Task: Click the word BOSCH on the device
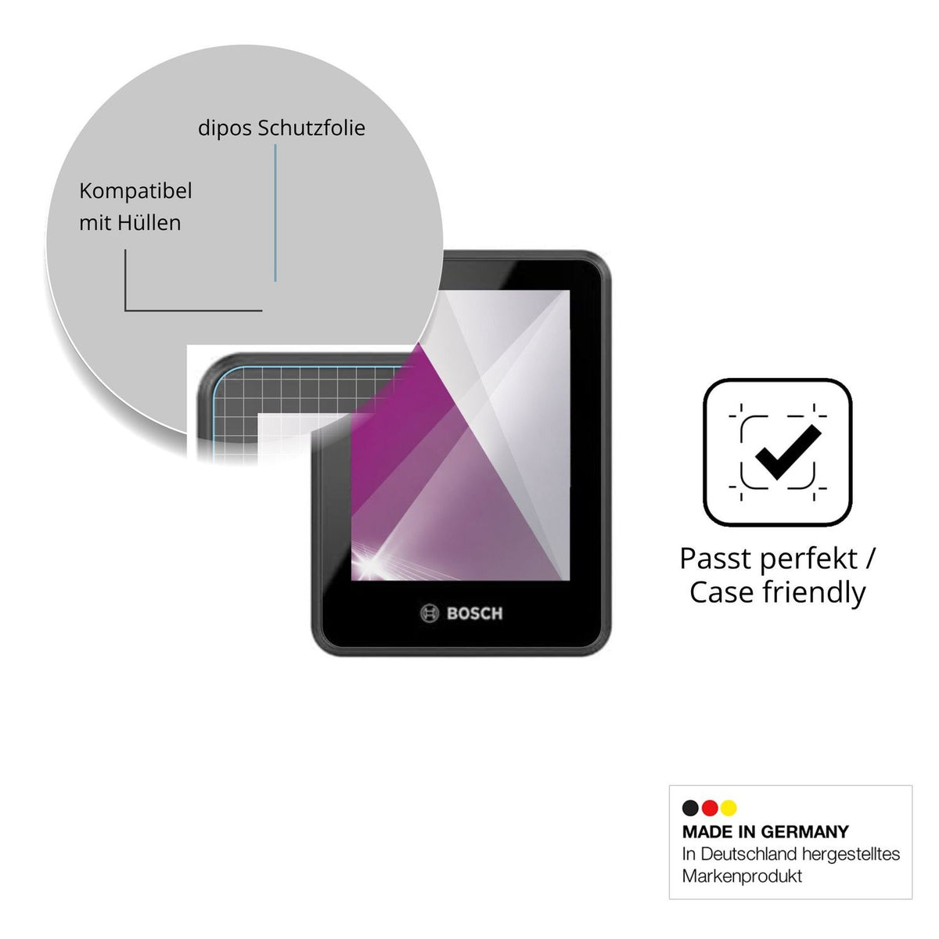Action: tap(474, 613)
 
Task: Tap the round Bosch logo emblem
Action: tap(430, 613)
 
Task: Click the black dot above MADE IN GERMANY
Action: tap(690, 808)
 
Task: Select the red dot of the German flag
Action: tap(710, 808)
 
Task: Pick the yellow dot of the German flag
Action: tap(729, 808)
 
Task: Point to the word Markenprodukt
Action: tap(742, 876)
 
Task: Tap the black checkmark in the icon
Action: tap(788, 452)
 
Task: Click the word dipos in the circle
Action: tap(225, 128)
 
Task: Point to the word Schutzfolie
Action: tap(311, 128)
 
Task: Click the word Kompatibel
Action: tap(135, 191)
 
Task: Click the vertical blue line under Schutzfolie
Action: tap(275, 213)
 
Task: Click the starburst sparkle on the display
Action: tap(372, 563)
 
